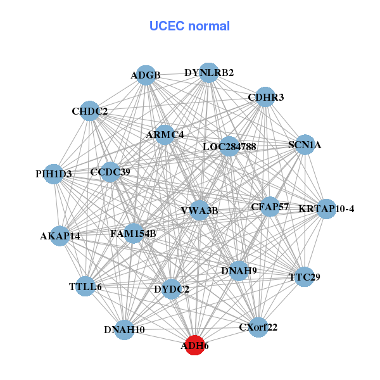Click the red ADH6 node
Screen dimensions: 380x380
(194, 346)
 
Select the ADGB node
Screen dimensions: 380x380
(146, 75)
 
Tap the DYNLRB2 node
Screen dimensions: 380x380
(209, 73)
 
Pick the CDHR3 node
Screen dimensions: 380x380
(265, 97)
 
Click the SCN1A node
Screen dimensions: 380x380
(305, 144)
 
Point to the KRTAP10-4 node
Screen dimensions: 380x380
(326, 209)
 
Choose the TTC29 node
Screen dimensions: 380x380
(305, 277)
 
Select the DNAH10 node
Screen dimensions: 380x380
(125, 329)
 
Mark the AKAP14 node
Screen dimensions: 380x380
(60, 236)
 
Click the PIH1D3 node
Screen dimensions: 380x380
(54, 174)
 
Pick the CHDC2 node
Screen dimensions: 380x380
(90, 111)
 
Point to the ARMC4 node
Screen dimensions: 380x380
(165, 135)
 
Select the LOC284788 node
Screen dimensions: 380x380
(229, 147)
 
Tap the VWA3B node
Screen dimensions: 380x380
(199, 210)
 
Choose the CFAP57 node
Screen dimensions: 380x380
(270, 206)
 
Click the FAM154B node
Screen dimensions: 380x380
(133, 233)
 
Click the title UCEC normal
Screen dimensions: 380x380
(189, 26)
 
